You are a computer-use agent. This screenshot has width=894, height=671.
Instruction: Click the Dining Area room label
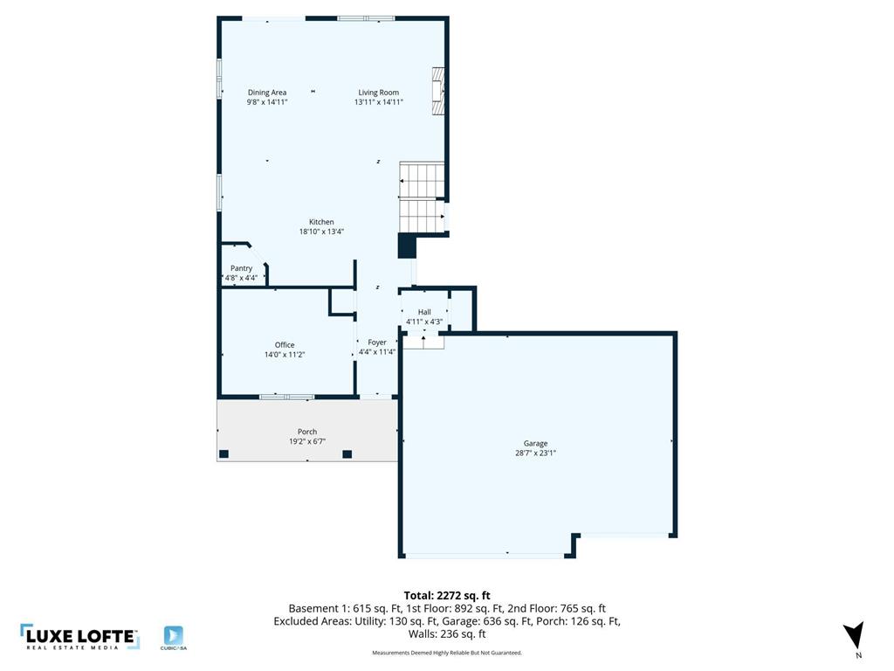pyautogui.click(x=267, y=93)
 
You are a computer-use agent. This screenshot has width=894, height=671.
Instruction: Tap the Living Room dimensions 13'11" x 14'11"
pyautogui.click(x=379, y=102)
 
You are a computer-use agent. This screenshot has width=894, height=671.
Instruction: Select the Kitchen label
pyautogui.click(x=321, y=222)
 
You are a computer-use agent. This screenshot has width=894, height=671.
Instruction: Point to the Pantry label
pyautogui.click(x=241, y=268)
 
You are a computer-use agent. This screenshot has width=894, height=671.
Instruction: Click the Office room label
pyautogui.click(x=285, y=344)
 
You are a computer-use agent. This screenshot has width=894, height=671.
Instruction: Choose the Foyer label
pyautogui.click(x=377, y=342)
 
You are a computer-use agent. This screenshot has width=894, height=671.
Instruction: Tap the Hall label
pyautogui.click(x=424, y=312)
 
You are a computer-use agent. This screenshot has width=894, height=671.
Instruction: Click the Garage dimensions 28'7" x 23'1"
pyautogui.click(x=535, y=453)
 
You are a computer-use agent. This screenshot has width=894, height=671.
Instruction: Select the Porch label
pyautogui.click(x=307, y=432)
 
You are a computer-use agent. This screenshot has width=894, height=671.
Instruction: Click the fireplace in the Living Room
pyautogui.click(x=438, y=91)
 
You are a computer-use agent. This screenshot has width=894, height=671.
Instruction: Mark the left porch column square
pyautogui.click(x=224, y=454)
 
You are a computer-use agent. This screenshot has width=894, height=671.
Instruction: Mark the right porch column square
pyautogui.click(x=347, y=454)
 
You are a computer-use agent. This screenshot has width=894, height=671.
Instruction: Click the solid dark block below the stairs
pyautogui.click(x=407, y=246)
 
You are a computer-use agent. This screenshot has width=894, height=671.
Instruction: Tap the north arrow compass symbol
pyautogui.click(x=855, y=635)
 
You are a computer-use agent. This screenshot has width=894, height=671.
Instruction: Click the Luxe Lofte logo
pyautogui.click(x=79, y=637)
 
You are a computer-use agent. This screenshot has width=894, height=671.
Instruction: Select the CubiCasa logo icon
pyautogui.click(x=174, y=636)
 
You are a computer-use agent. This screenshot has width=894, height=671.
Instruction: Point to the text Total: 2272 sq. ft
pyautogui.click(x=447, y=596)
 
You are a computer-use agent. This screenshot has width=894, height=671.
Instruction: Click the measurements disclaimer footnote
pyautogui.click(x=447, y=653)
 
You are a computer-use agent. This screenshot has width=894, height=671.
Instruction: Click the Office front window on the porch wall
pyautogui.click(x=286, y=397)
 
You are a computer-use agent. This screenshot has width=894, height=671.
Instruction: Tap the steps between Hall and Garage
pyautogui.click(x=423, y=342)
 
